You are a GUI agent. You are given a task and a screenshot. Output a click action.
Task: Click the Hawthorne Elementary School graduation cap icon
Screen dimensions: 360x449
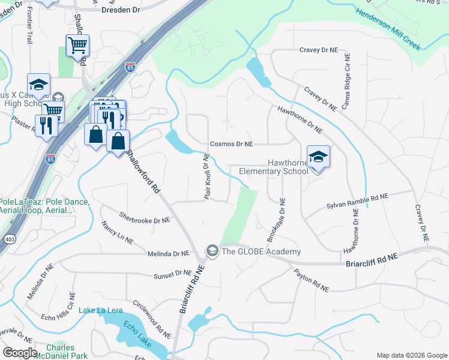coord(318,157)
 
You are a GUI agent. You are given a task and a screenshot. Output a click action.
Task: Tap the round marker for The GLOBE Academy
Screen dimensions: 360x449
coord(211,250)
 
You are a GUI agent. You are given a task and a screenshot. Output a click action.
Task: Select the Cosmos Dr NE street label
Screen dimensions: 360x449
coord(231,144)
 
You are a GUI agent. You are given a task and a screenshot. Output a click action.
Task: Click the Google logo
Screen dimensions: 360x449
coord(20,353)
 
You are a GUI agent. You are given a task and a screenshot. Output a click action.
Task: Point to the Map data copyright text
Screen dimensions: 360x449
coord(411,355)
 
